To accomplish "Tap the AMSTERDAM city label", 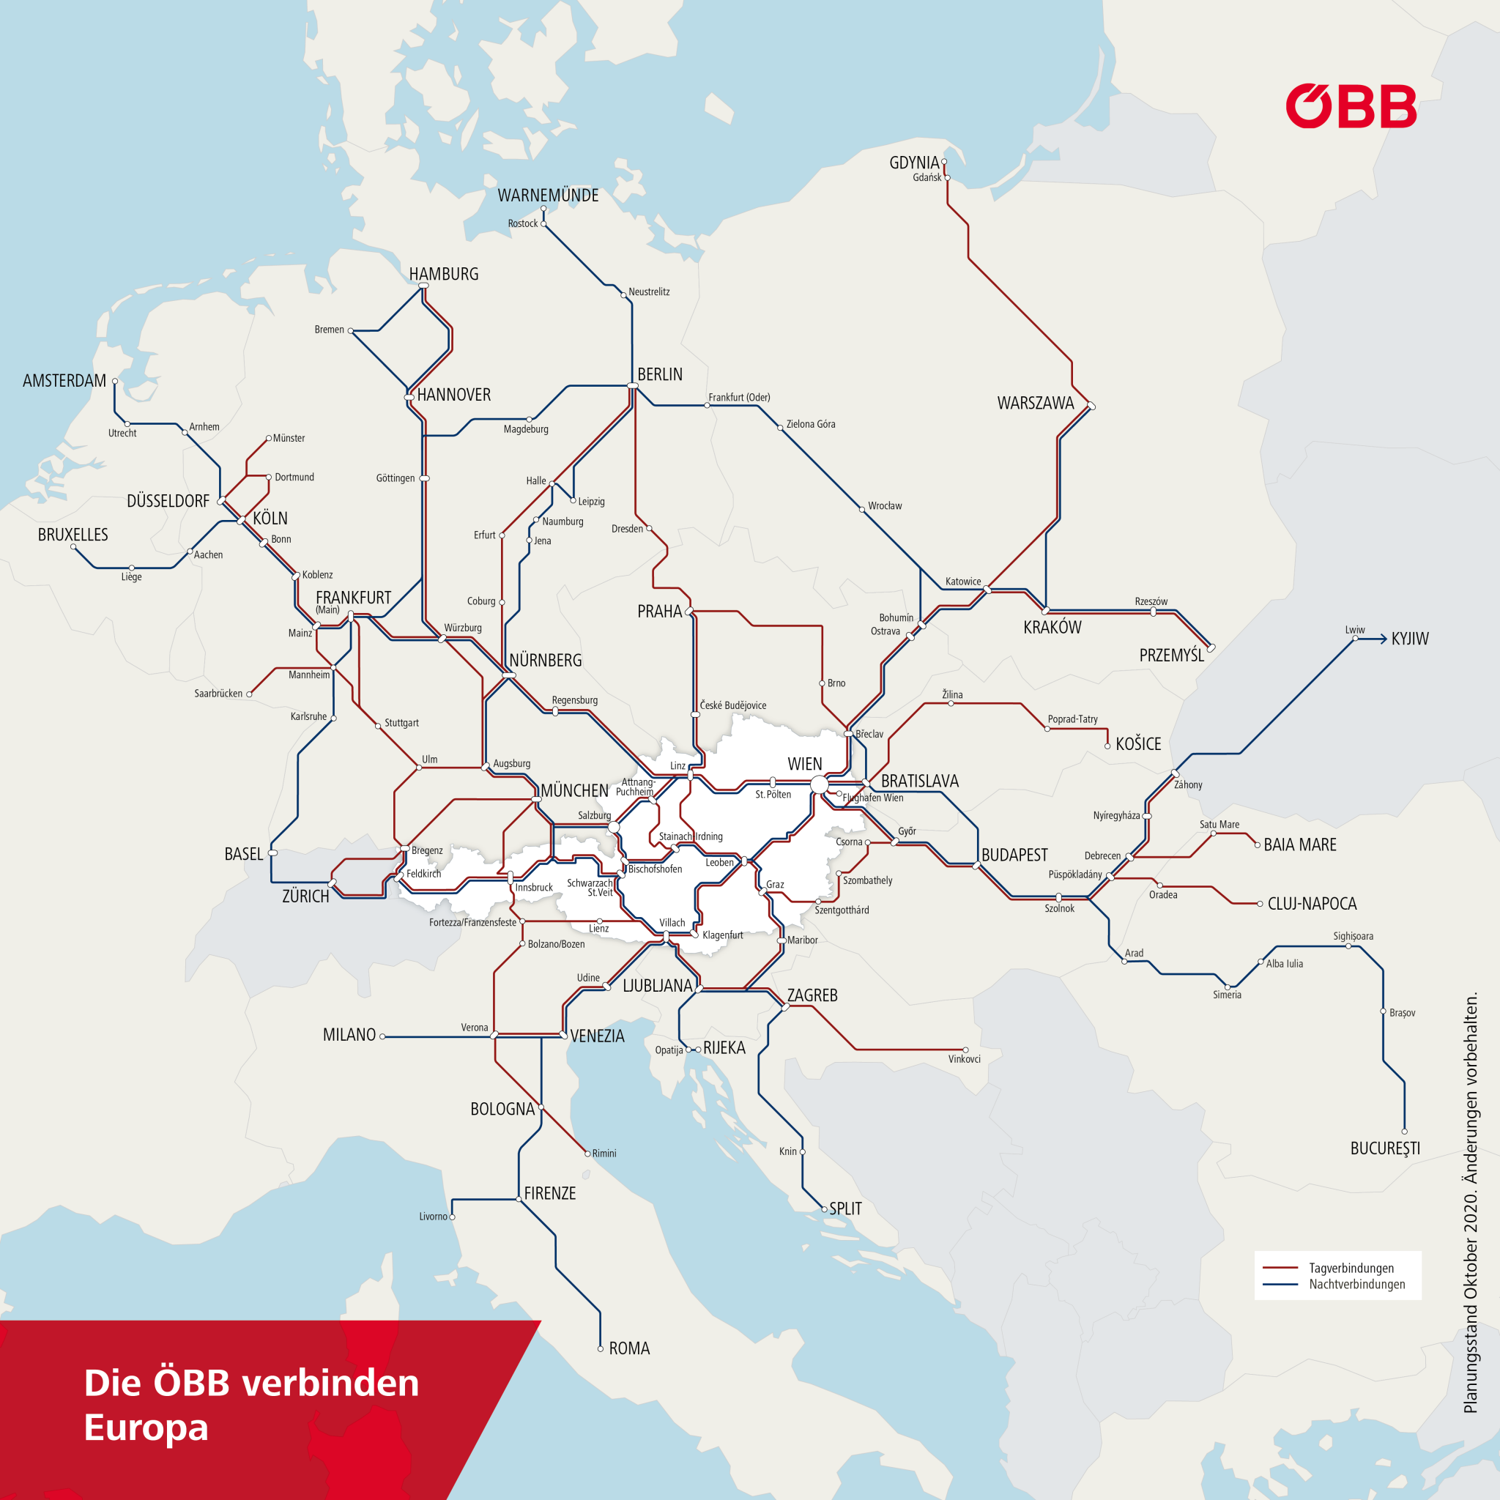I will [64, 380].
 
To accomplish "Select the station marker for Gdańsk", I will [947, 178].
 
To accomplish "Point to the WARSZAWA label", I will [1035, 403].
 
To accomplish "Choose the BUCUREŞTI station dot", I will [1405, 1131].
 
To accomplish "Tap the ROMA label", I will [629, 1348].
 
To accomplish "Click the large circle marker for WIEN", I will [819, 785].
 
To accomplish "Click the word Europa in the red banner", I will [146, 1427].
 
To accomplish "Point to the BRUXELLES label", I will [73, 535].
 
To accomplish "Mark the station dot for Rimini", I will [587, 1154].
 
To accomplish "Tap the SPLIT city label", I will [844, 1208].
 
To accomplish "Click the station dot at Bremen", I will [351, 331].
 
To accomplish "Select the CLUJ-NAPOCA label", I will [1311, 904].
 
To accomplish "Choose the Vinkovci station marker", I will [965, 1050].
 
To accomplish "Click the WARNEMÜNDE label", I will [548, 196].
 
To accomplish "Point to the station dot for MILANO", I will [383, 1036].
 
